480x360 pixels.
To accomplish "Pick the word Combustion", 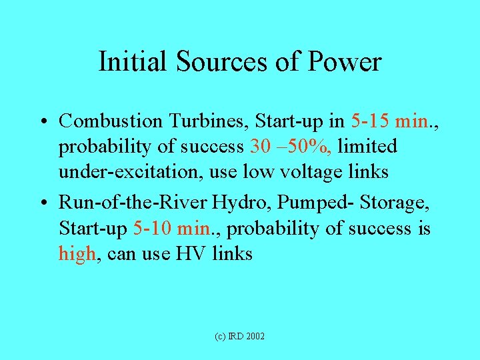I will point(110,121).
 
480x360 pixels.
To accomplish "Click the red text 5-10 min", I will point(175,229).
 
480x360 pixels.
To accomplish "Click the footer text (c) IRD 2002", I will point(240,336).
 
